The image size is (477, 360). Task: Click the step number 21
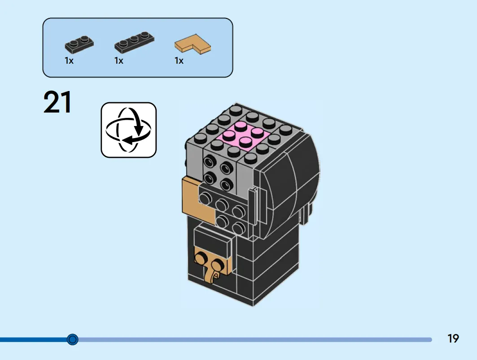click(x=57, y=102)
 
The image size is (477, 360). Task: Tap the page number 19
click(x=453, y=338)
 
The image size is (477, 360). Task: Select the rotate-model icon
click(x=129, y=130)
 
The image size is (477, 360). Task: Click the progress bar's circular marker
click(x=72, y=339)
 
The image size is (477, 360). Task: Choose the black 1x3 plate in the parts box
click(x=134, y=42)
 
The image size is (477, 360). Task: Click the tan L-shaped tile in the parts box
click(x=193, y=44)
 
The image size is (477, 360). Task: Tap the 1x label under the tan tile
click(x=179, y=61)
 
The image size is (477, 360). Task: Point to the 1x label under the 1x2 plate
click(x=69, y=61)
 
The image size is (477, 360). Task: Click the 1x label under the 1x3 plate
click(x=118, y=61)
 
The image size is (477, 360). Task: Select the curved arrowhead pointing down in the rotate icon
click(x=139, y=131)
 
